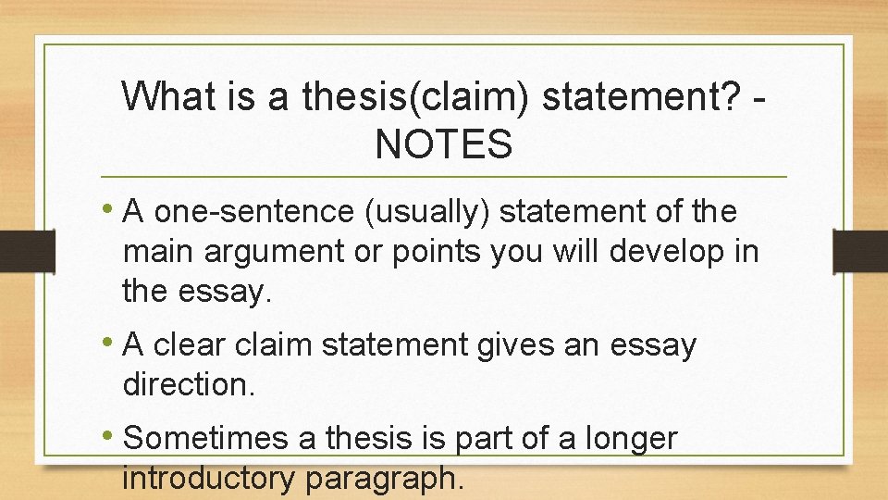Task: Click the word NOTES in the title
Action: pos(443,144)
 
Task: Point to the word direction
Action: pos(187,384)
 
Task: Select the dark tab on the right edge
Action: pos(859,250)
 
